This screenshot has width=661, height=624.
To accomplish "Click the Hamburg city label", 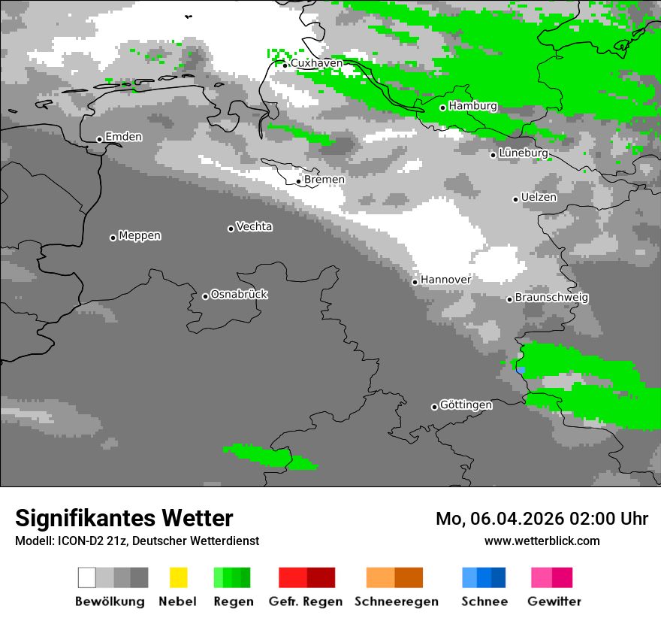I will tap(472, 106).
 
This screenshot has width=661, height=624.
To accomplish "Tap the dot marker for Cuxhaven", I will tap(285, 65).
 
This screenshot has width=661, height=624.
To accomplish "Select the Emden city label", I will tap(123, 137).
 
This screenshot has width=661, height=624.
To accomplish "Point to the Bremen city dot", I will tap(299, 181).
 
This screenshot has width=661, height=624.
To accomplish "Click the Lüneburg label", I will tap(524, 153).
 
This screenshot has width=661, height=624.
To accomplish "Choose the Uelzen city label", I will tap(539, 197).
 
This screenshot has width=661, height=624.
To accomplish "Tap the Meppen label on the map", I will tap(140, 235).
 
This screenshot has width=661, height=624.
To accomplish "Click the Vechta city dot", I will tap(231, 229).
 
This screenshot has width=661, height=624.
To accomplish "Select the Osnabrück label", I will tap(239, 294).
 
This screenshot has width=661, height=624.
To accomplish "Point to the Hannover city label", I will tap(445, 280).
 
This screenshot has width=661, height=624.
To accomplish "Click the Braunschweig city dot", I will tap(509, 299).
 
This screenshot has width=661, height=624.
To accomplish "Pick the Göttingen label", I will tap(466, 405).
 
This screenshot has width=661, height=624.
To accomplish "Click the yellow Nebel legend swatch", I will tap(178, 577).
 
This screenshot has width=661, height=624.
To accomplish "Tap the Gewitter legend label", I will tap(554, 601).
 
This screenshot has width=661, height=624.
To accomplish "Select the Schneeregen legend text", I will tap(397, 601).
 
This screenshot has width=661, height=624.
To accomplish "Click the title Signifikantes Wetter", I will tap(124, 518).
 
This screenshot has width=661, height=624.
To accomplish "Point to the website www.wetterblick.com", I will tap(542, 541).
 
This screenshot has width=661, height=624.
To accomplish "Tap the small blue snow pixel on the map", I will tap(521, 369).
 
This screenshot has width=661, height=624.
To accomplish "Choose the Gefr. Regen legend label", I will tap(306, 601).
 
